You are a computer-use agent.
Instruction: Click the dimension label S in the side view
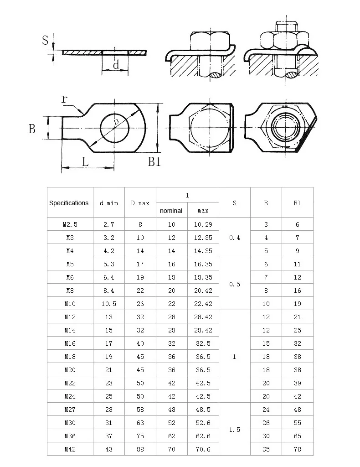(45, 40)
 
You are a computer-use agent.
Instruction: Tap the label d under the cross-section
(116, 64)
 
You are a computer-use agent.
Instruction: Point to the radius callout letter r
(64, 99)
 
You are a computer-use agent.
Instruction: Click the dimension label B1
(154, 162)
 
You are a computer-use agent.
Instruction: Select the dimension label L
(85, 162)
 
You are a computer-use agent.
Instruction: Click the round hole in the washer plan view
(115, 128)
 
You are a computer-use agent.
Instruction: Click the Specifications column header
(69, 203)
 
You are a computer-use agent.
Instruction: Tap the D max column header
(140, 203)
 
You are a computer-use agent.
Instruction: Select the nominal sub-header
(171, 211)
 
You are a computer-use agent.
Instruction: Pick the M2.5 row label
(70, 224)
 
